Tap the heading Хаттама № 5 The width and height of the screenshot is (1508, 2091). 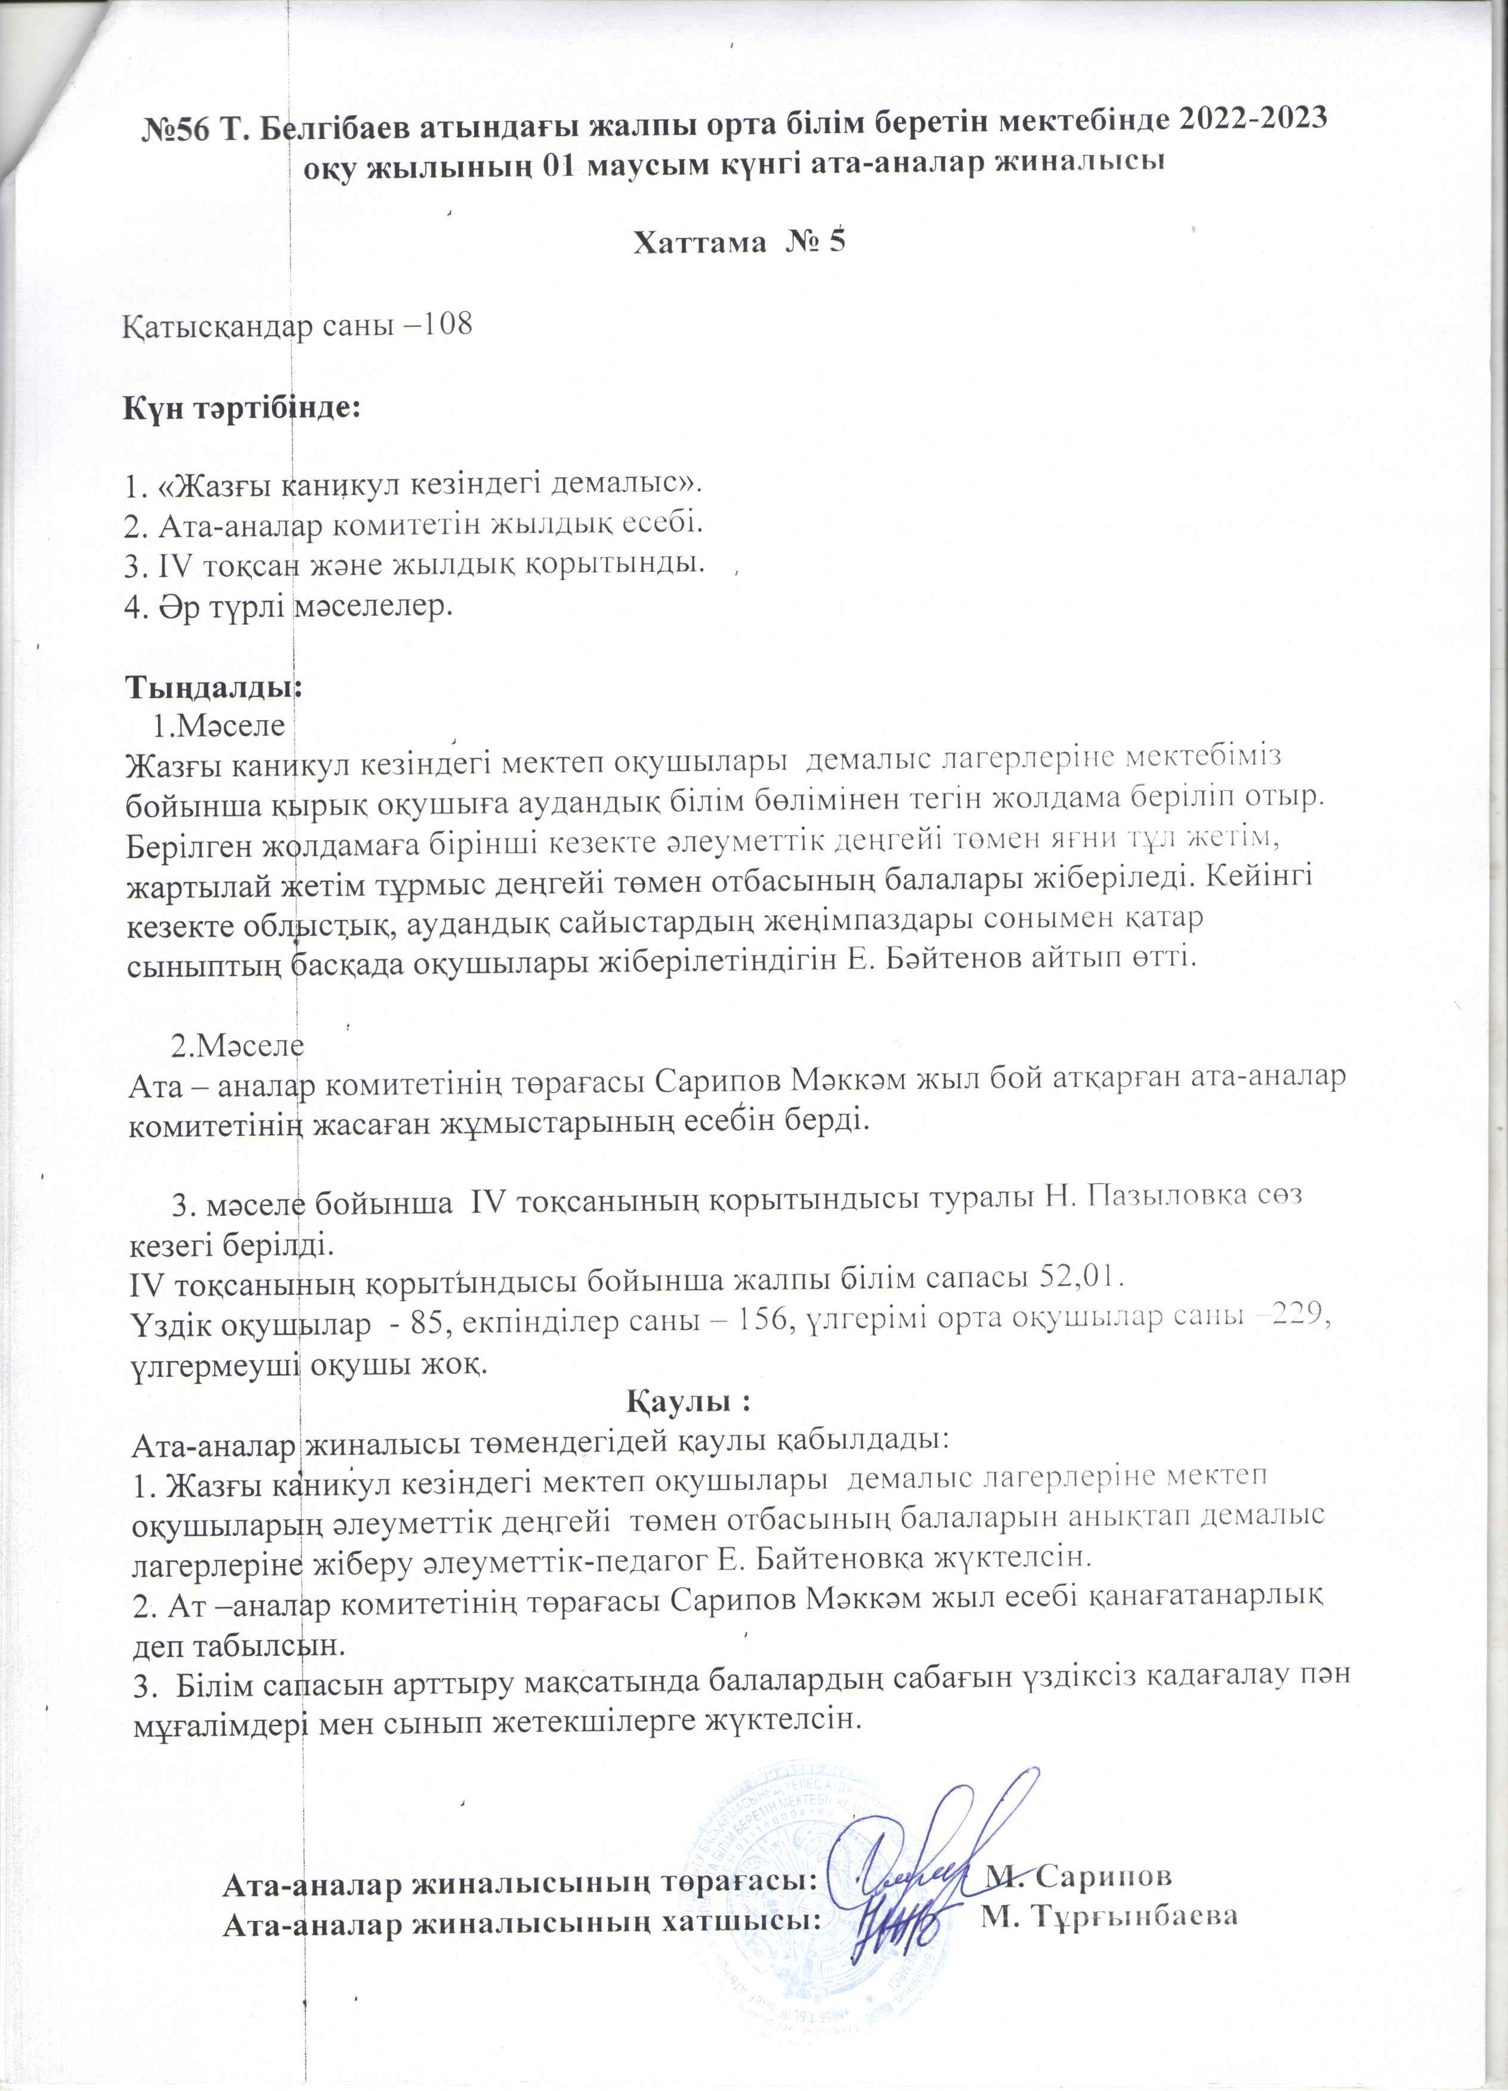click(738, 241)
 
